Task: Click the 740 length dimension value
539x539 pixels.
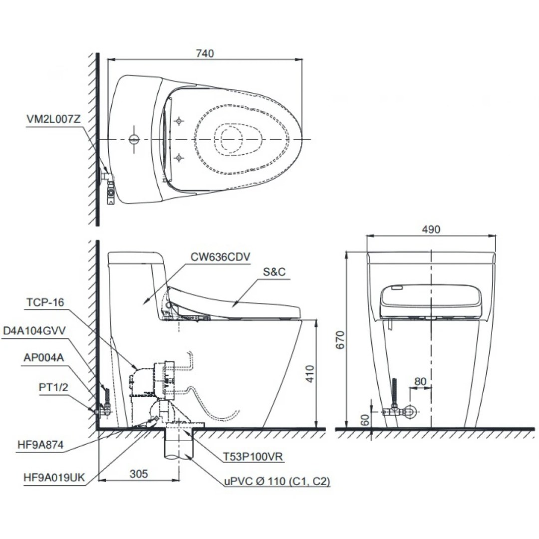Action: coord(205,53)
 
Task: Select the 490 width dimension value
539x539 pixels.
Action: coord(431,229)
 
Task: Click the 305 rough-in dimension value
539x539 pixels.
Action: coord(138,474)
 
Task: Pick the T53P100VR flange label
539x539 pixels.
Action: coord(254,456)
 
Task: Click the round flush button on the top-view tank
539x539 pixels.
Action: coord(134,139)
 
